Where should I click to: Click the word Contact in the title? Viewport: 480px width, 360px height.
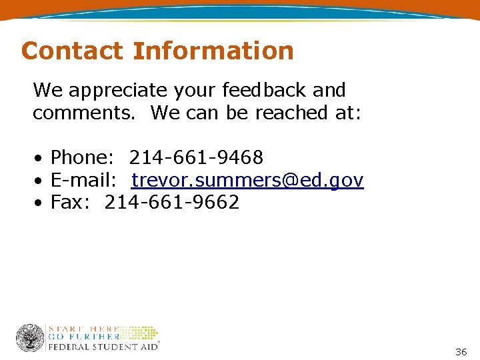click(72, 51)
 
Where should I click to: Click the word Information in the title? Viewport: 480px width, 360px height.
click(213, 51)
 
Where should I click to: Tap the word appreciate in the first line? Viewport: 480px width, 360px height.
click(142, 90)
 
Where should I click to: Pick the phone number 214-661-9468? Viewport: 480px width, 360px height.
click(196, 158)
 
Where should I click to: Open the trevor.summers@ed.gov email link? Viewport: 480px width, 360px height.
click(247, 180)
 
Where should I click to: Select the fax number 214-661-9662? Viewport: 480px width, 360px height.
click(172, 202)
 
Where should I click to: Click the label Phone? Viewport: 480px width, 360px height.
click(83, 158)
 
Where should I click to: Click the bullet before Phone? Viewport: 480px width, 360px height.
click(40, 159)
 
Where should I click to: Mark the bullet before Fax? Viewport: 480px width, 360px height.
click(40, 203)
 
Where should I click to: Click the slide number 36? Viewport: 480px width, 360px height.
click(461, 351)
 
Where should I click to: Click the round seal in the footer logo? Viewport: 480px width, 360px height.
click(30, 338)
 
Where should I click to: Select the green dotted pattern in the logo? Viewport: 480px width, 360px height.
click(141, 333)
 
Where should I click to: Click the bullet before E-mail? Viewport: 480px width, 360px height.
click(40, 181)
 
